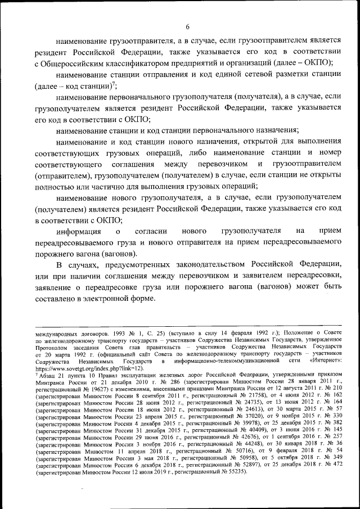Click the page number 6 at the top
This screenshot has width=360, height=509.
pos(188,26)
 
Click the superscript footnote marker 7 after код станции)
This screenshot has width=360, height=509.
pos(114,84)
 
